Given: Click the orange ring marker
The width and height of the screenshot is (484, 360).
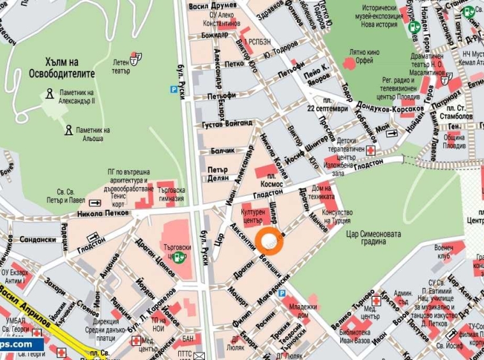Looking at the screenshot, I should tap(269, 241).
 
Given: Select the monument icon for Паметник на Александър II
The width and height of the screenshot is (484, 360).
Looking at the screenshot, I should tap(49, 96).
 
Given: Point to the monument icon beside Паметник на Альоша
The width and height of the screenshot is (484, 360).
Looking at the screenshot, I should tap(68, 130).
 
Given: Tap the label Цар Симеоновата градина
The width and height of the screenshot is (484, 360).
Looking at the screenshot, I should tap(372, 238).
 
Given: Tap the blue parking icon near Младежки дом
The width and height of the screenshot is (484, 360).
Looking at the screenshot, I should tap(282, 292).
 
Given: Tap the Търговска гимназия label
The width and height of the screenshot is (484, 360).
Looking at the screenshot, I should tap(172, 193).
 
